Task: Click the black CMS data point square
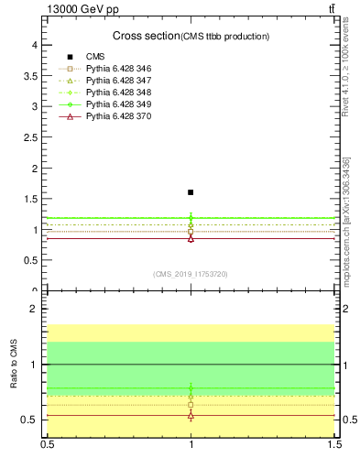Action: [191, 192]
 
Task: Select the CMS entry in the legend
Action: [95, 58]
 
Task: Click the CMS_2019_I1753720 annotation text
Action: [191, 274]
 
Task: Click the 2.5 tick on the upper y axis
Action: [29, 137]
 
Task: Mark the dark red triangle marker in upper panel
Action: [191, 238]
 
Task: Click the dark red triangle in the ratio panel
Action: [191, 415]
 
